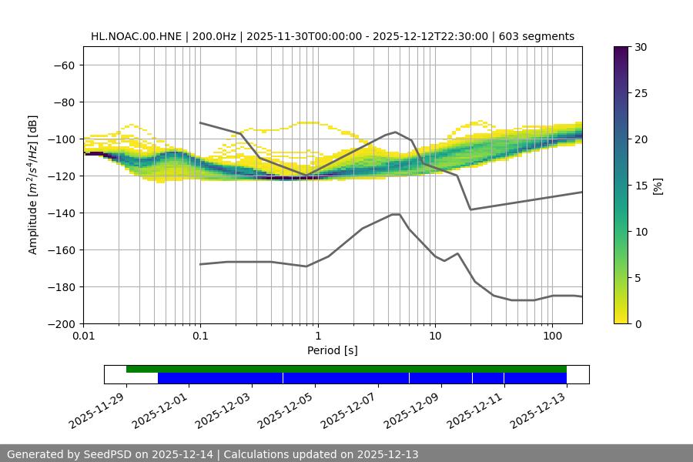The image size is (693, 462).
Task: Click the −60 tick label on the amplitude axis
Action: pyautogui.click(x=64, y=65)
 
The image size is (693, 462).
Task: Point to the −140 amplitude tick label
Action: pyautogui.click(x=61, y=213)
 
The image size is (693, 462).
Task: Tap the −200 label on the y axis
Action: pyautogui.click(x=61, y=323)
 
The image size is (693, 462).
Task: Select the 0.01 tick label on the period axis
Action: pyautogui.click(x=83, y=336)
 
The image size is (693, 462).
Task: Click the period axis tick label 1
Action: pyautogui.click(x=317, y=336)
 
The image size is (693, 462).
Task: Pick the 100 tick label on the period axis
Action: pyautogui.click(x=552, y=336)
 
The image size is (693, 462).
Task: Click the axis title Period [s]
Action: pyautogui.click(x=332, y=350)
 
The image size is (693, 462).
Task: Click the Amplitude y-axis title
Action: pyautogui.click(x=32, y=185)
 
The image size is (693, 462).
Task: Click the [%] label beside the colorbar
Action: pyautogui.click(x=658, y=186)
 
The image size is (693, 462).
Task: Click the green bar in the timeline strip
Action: pyautogui.click(x=346, y=369)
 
